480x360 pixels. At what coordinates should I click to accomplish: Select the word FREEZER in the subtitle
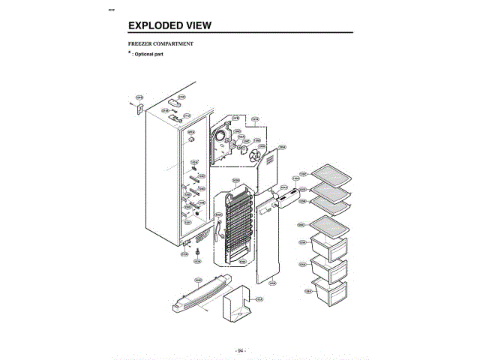(140, 44)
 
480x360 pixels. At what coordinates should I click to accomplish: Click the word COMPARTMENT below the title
(174, 44)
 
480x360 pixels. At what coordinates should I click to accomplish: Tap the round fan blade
(255, 157)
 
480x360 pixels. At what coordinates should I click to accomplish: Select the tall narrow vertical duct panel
(268, 240)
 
